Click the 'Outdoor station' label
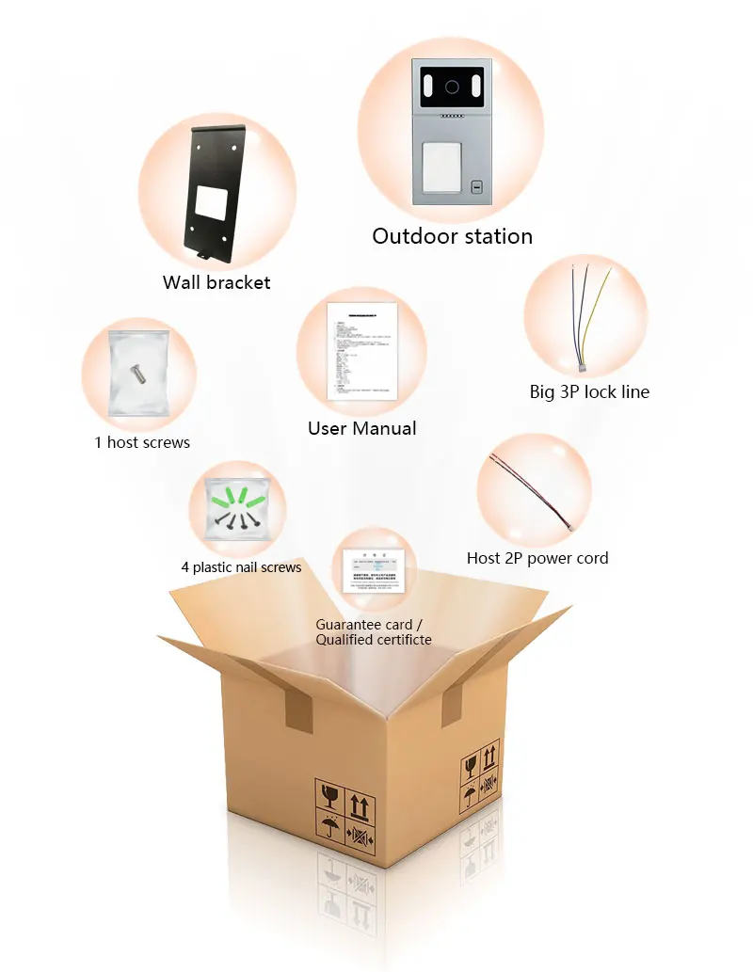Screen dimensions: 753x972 click(452, 236)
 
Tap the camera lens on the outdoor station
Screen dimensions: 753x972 click(452, 87)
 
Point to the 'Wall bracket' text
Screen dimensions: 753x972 click(216, 282)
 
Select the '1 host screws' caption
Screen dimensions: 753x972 click(141, 442)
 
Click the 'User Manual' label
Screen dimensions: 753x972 click(361, 429)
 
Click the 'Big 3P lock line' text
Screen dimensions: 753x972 click(589, 392)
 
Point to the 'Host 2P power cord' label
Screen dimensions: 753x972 click(537, 558)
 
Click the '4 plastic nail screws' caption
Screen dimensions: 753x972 click(241, 567)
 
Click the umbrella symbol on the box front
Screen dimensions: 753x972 click(329, 829)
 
